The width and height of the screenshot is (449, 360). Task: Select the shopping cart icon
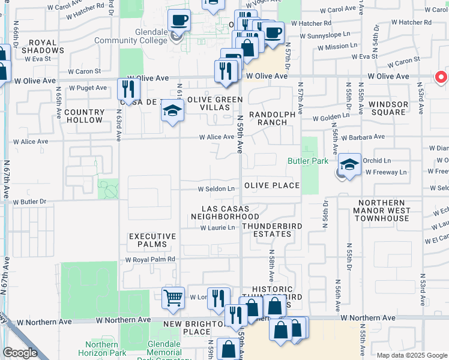(173, 296)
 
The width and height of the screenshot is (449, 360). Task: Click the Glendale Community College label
(145, 36)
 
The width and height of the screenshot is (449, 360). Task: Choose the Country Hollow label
(84, 116)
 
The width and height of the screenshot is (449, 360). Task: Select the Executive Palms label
(152, 241)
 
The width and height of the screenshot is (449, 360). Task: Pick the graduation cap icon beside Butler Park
(349, 164)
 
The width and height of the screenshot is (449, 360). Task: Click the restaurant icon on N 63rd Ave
(128, 89)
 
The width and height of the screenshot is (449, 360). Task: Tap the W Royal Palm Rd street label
(149, 259)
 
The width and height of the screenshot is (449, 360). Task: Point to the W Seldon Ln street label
(216, 189)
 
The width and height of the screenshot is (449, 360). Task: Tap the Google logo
(20, 353)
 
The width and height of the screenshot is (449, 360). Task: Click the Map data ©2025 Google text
(411, 355)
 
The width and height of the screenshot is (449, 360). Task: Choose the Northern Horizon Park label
(101, 349)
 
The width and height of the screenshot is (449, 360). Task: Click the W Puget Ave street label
(88, 88)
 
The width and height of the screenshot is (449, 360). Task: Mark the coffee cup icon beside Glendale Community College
(179, 21)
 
